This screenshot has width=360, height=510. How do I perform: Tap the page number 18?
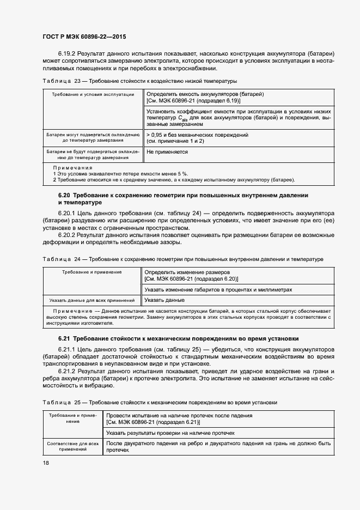click(x=45, y=462)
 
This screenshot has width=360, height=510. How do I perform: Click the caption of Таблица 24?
click(x=182, y=259)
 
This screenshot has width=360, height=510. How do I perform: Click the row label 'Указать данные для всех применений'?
click(x=91, y=300)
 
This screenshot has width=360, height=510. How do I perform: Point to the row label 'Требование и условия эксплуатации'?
click(x=93, y=94)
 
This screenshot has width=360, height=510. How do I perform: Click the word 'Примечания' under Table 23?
click(x=72, y=168)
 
